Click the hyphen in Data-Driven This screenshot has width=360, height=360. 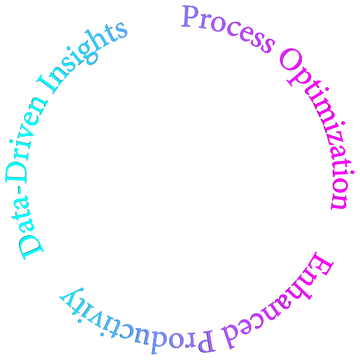[x=20, y=190]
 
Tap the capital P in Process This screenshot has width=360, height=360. [x=190, y=17]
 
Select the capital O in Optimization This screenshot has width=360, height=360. [x=291, y=60]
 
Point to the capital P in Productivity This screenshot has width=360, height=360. [x=206, y=342]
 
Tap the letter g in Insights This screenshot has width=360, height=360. [x=89, y=52]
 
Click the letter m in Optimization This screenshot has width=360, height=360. [x=324, y=108]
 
